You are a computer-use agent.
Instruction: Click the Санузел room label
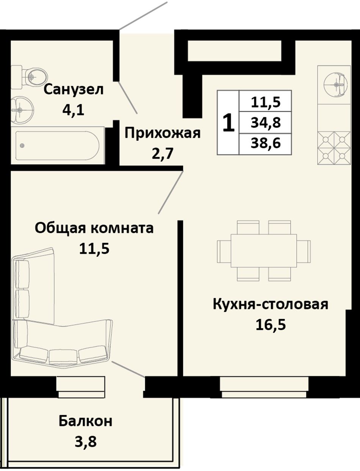pyautogui.click(x=74, y=89)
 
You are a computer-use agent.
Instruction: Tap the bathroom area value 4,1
pyautogui.click(x=73, y=111)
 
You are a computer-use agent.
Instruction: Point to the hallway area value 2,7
pyautogui.click(x=162, y=154)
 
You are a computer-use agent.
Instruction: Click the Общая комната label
pyautogui.click(x=94, y=228)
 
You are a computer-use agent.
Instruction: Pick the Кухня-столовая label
pyautogui.click(x=271, y=304)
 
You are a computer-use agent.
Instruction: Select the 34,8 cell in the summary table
pyautogui.click(x=266, y=123)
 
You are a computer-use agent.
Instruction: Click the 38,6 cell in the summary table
pyautogui.click(x=266, y=143)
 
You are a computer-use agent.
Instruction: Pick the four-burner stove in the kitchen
pyautogui.click(x=334, y=148)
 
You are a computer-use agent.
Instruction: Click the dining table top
pyautogui.click(x=264, y=251)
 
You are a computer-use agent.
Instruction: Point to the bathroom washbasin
pyautogui.click(x=22, y=110)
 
